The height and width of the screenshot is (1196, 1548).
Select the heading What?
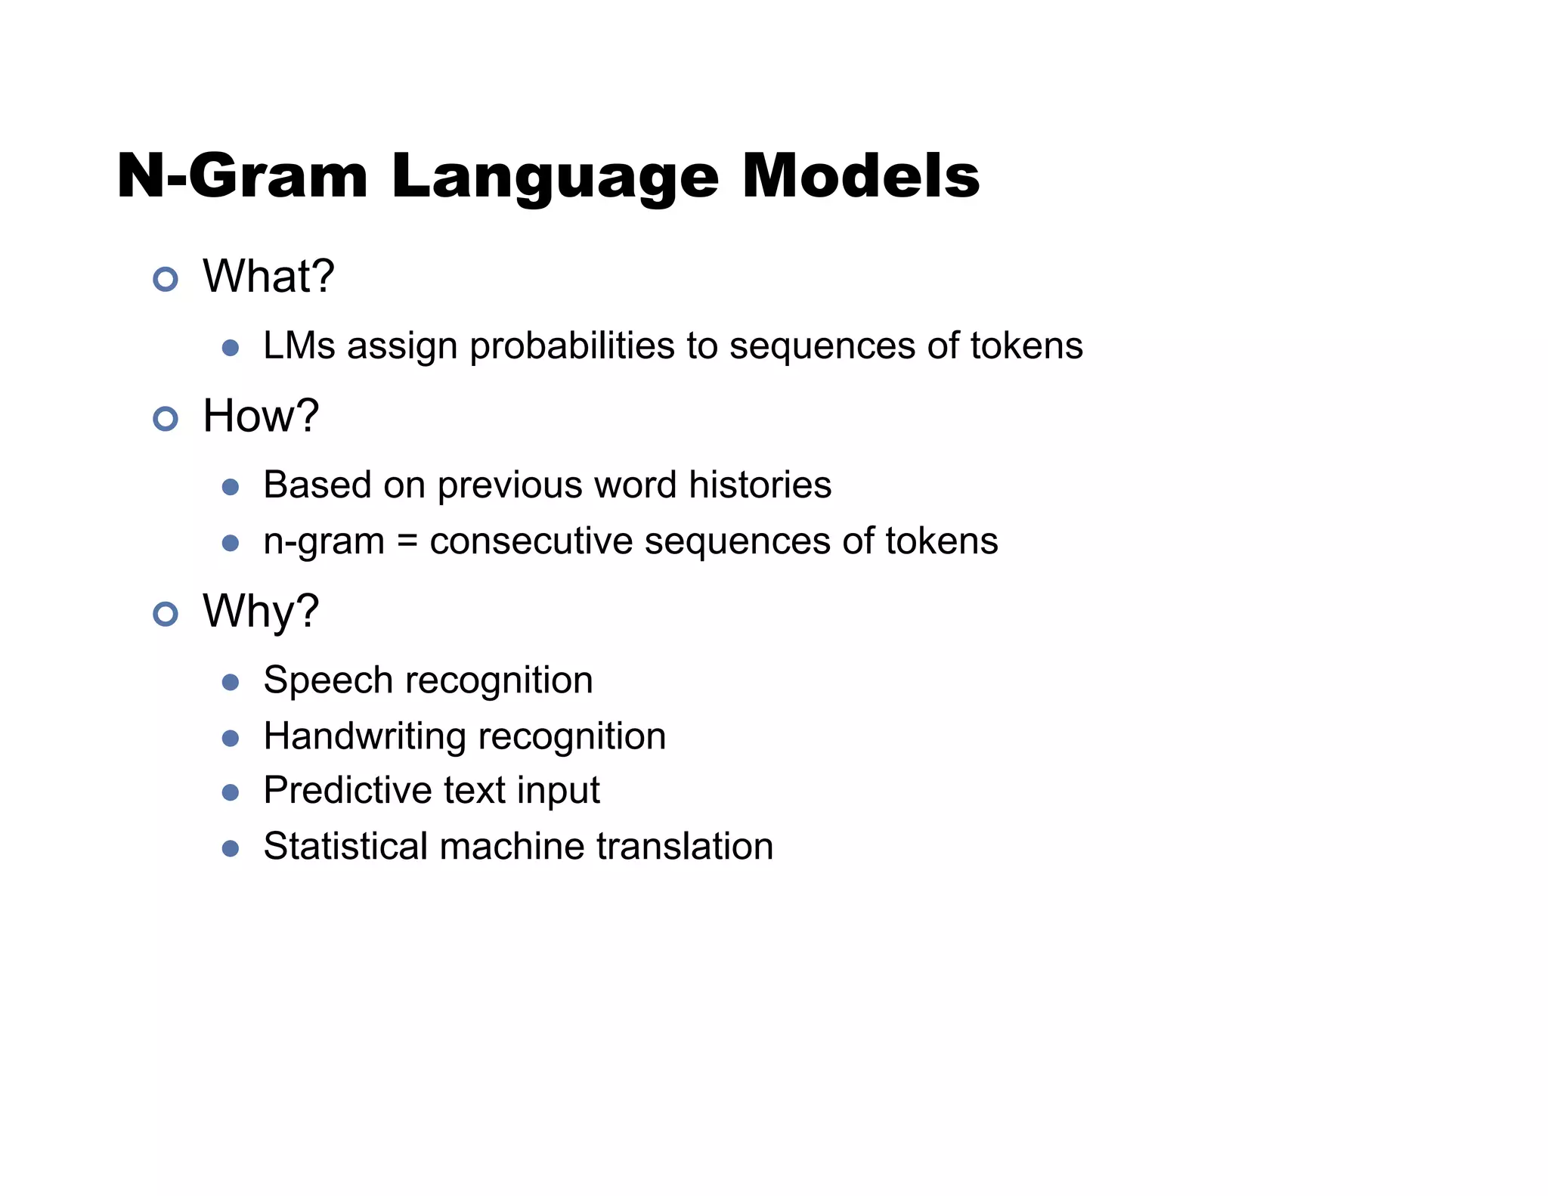click(268, 277)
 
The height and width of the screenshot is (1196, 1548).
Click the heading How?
click(261, 416)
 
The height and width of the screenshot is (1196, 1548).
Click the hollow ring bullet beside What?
click(166, 280)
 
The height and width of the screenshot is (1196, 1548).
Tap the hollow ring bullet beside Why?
click(166, 614)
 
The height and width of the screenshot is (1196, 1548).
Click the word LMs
click(299, 346)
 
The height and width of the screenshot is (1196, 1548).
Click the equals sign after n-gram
click(407, 542)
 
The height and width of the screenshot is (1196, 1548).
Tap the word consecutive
click(531, 542)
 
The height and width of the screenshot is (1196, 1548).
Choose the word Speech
click(328, 680)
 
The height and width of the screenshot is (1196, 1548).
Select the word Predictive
click(348, 791)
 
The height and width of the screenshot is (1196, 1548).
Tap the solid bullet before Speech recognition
click(231, 683)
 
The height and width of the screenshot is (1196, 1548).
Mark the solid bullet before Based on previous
click(231, 487)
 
